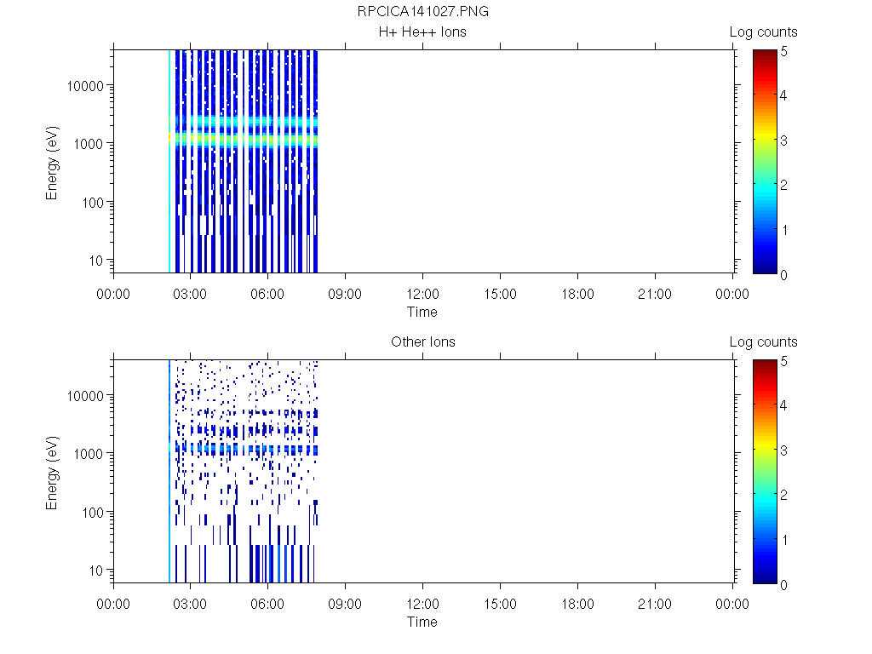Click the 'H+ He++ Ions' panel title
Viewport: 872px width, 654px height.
point(423,32)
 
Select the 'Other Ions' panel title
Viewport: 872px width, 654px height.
point(423,342)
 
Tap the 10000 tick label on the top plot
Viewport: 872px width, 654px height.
point(86,86)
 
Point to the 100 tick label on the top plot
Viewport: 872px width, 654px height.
point(92,203)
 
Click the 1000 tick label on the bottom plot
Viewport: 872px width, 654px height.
point(89,454)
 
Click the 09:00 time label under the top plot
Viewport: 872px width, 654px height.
point(345,295)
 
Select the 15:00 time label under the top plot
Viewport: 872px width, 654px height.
point(500,295)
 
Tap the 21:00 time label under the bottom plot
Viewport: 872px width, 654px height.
point(655,605)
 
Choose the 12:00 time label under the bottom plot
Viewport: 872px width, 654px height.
point(422,605)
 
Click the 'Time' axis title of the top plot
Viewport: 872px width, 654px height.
point(422,312)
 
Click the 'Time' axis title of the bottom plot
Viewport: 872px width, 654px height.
point(422,622)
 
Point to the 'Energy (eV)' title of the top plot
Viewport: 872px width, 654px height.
point(53,161)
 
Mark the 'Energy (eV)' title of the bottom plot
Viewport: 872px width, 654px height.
point(53,471)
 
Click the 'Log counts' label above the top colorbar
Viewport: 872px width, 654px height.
point(764,32)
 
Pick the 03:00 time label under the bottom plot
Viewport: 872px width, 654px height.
point(190,605)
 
